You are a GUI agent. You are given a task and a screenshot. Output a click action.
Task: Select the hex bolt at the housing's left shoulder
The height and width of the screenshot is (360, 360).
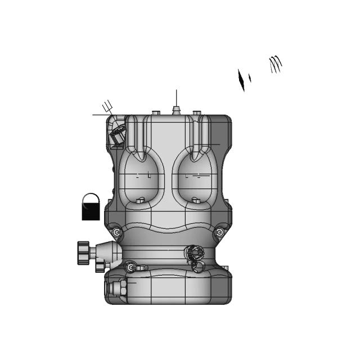(x=116, y=232)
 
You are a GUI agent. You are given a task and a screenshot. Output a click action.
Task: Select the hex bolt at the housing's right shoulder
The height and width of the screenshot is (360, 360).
(x=219, y=232)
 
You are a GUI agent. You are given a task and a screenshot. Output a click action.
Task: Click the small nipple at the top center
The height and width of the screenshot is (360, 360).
(x=176, y=109)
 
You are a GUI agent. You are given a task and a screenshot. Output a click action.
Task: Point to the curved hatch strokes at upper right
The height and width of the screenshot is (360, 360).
(x=275, y=64)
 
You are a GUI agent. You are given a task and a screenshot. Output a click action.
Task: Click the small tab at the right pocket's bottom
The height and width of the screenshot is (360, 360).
(x=195, y=199)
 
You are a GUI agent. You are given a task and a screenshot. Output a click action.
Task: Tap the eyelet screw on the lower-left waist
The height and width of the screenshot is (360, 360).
(x=130, y=267)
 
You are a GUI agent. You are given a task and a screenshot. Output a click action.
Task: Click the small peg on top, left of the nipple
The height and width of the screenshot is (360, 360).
(x=156, y=113)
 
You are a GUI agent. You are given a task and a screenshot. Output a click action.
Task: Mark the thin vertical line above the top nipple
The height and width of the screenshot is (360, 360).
(x=176, y=96)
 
